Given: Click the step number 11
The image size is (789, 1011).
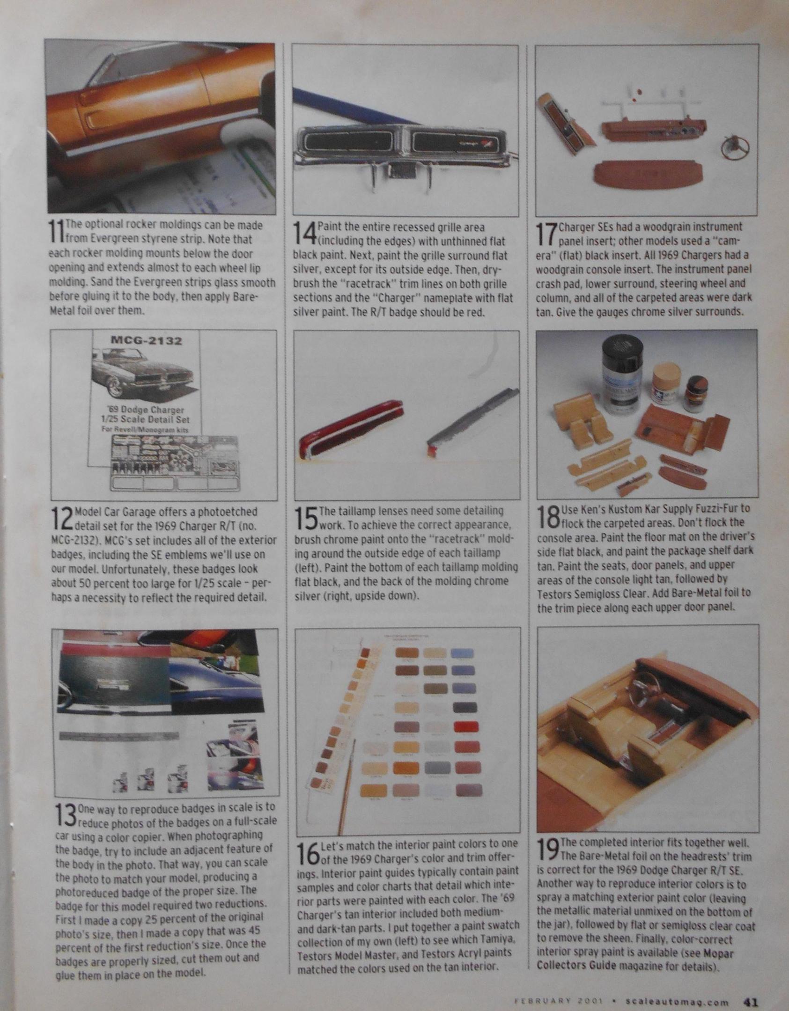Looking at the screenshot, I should point(56,232).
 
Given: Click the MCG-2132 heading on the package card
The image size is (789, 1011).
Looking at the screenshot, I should point(147,340).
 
